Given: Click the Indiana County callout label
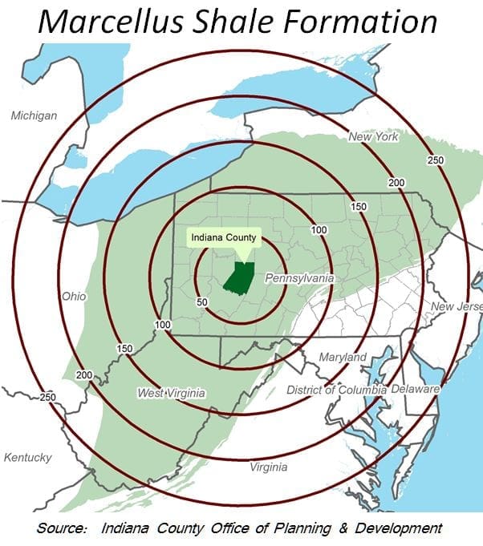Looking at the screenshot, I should [225, 237].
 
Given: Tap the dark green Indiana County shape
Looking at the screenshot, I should [239, 277].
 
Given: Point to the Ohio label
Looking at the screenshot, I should [73, 296].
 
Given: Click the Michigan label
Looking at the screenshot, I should [34, 115].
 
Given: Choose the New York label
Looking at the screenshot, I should [373, 137].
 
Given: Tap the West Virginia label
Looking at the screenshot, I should [171, 393].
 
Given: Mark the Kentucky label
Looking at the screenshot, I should [28, 457].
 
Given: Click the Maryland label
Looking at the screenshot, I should [343, 356].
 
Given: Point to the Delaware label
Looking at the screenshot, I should [416, 389].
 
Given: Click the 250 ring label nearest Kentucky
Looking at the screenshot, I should [48, 397].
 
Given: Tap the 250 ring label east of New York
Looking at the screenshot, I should [436, 160].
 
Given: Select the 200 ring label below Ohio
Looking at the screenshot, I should [84, 374].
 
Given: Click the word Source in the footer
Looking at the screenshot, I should [61, 528].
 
